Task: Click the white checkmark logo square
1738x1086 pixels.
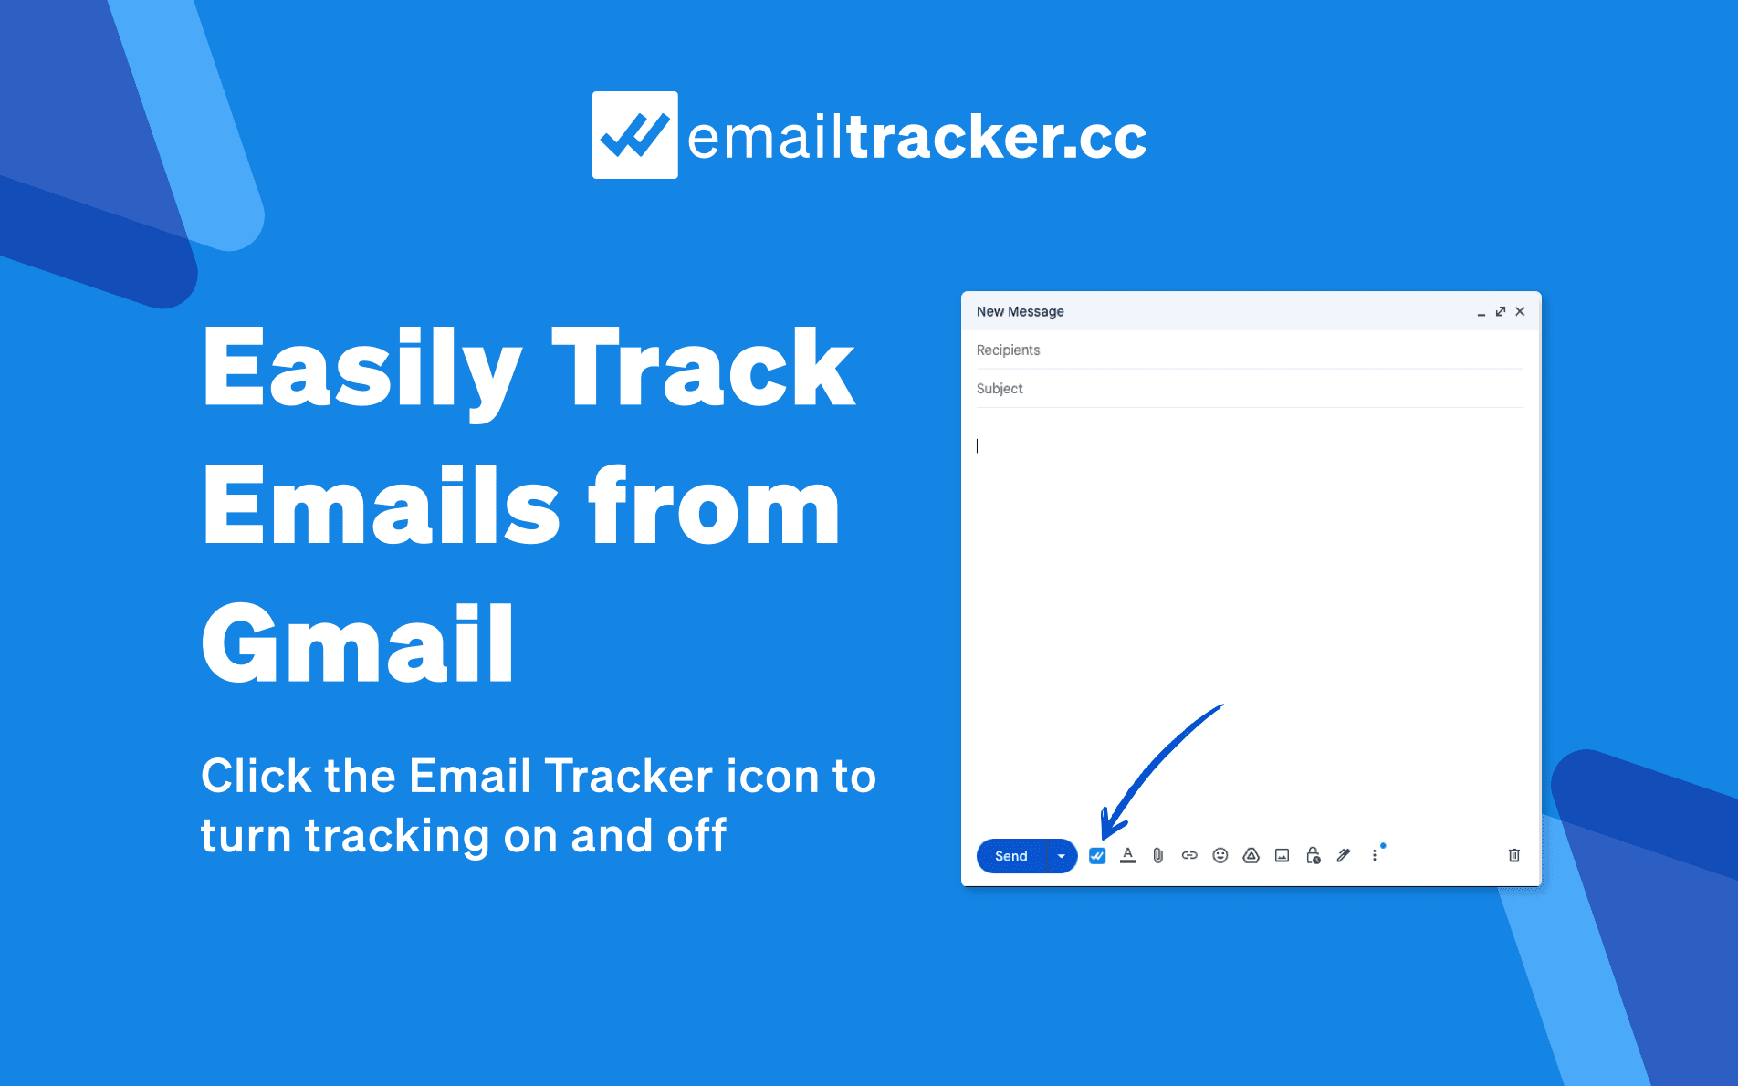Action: [634, 135]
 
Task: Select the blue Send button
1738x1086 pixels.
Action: [1010, 856]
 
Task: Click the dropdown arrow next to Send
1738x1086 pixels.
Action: [1062, 856]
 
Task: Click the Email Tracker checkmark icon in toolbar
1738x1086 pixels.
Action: [1097, 856]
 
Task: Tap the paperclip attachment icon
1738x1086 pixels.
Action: [1158, 856]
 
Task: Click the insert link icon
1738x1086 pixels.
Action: [1189, 856]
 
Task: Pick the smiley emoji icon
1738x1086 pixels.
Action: [1220, 856]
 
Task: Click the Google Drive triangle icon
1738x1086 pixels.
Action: [1251, 856]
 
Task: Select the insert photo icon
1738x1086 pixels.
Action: [1283, 856]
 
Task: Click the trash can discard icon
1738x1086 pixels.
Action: [1514, 856]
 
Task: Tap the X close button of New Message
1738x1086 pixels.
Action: [1520, 311]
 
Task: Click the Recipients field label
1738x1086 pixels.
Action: [1008, 350]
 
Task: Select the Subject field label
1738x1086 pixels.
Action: [1000, 389]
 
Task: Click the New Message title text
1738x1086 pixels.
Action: [1020, 311]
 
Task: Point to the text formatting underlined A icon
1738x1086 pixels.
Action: [1128, 856]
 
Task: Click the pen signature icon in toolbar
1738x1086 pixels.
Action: [1344, 856]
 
